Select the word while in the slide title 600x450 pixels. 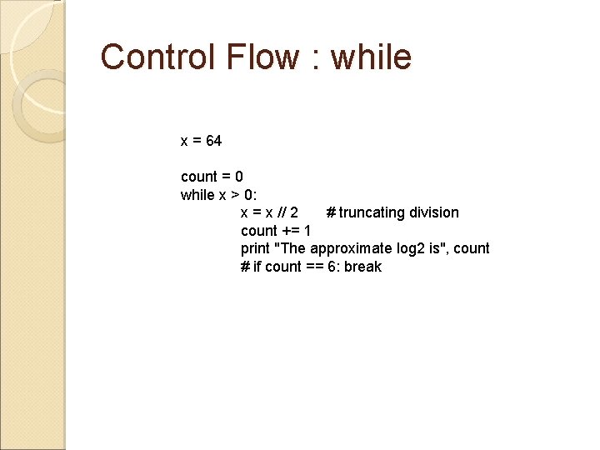click(371, 57)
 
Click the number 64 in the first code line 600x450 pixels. click(213, 141)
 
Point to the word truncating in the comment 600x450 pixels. click(370, 212)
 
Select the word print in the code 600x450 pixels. click(255, 248)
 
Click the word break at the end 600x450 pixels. click(362, 267)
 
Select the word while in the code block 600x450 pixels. click(197, 195)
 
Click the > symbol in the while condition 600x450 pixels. click(235, 195)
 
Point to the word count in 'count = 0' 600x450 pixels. click(198, 177)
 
